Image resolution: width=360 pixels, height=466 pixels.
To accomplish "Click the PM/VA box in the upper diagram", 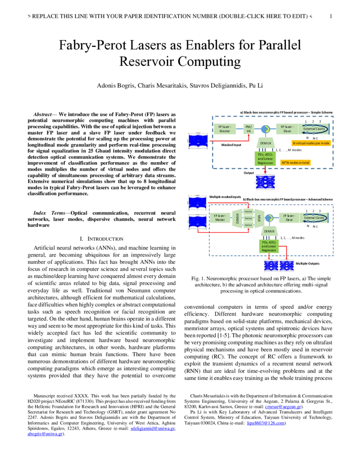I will (x=248, y=129).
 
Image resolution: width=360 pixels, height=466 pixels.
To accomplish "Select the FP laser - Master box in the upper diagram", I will (x=225, y=129).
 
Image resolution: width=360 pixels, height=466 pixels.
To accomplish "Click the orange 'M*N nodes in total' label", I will (x=296, y=162).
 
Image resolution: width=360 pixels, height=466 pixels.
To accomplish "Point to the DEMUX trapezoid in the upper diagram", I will (x=264, y=143).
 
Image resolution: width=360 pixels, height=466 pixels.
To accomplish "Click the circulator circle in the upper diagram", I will (x=265, y=129).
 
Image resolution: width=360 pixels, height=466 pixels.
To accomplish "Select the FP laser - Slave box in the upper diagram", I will (x=287, y=129).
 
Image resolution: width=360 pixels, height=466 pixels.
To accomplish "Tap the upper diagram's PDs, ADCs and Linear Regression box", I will (x=265, y=158).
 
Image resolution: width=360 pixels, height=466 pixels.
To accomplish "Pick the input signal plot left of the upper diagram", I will (x=198, y=140).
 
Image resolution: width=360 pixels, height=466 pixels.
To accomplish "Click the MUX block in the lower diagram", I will (x=259, y=218).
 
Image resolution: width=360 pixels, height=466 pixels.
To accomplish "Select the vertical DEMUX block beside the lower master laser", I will (x=237, y=218).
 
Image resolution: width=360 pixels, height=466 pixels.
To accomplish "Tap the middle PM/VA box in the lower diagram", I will (x=248, y=218).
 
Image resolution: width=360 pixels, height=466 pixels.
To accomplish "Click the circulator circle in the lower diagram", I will (x=269, y=218).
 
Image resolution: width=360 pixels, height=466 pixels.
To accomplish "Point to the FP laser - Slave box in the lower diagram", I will (x=289, y=218).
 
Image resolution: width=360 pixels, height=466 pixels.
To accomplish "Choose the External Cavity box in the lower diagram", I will (x=315, y=218).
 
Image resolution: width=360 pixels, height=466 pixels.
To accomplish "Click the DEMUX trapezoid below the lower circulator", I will (x=269, y=231).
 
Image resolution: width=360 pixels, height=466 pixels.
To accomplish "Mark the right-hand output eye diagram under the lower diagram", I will (x=287, y=266).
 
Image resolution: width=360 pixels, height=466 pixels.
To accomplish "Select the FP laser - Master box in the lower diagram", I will (x=220, y=218).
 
